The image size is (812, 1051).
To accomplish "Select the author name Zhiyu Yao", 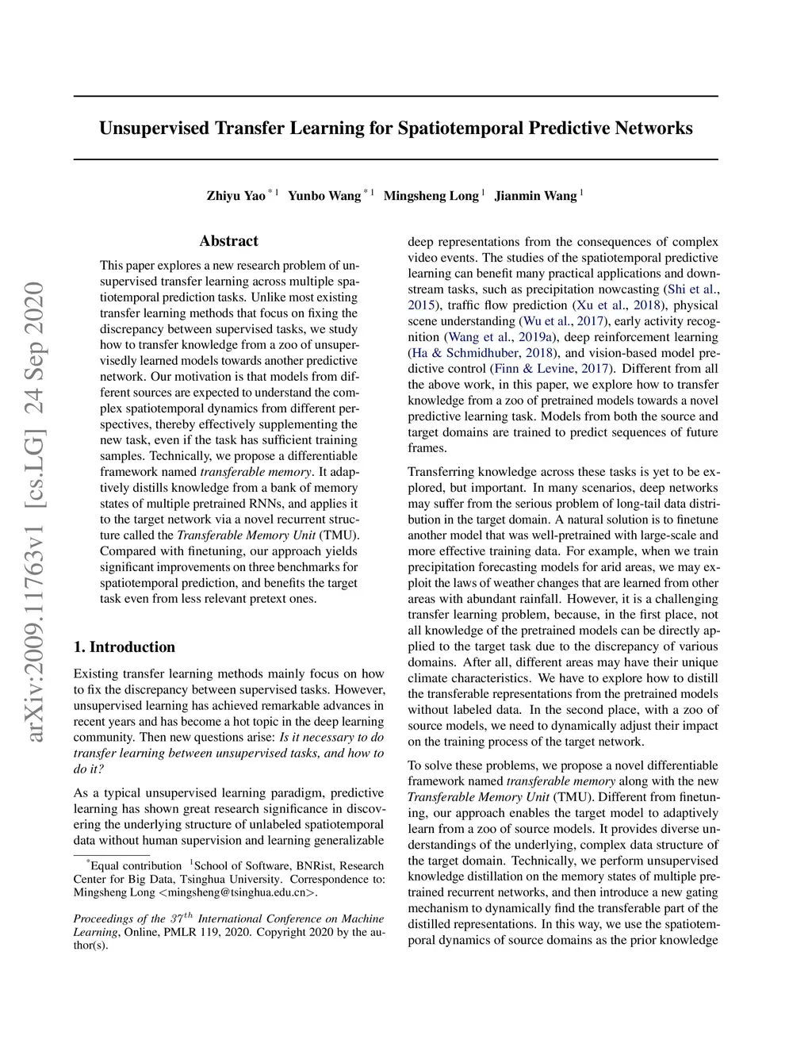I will (236, 196).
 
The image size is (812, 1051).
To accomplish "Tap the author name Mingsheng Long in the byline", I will (431, 196).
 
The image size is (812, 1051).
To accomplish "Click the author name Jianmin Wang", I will (535, 196).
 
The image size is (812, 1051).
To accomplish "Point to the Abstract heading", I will (228, 241).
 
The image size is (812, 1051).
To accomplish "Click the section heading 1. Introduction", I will (124, 647).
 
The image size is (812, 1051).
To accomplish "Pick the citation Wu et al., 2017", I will (563, 321).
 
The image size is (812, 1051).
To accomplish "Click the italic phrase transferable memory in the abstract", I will (255, 472).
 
